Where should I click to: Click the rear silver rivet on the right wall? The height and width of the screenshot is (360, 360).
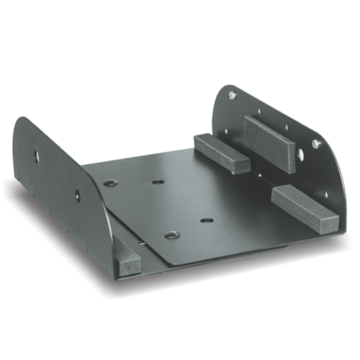point(232,94)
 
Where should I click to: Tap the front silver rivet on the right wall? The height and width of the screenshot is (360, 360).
point(316,144)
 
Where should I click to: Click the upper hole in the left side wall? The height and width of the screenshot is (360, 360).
point(35,155)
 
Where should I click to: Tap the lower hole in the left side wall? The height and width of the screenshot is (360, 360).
point(77,194)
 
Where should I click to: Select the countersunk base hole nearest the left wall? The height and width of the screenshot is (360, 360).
point(109,183)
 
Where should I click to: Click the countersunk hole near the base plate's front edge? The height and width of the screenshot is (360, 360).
point(171,235)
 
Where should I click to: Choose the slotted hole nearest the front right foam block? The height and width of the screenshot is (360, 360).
point(206,220)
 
